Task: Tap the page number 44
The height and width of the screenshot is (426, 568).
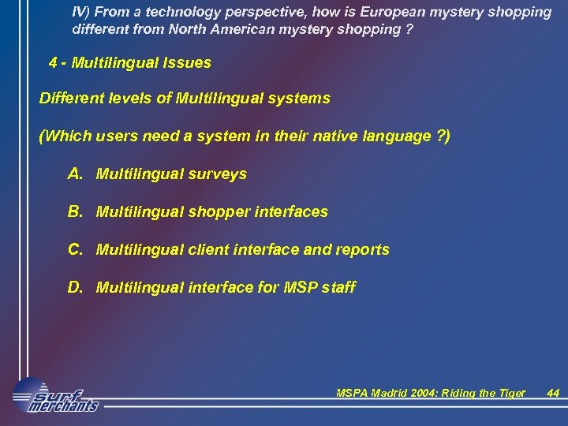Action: click(x=553, y=393)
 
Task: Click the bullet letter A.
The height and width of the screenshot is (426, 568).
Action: click(x=76, y=174)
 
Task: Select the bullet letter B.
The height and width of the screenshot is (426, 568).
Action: click(x=76, y=211)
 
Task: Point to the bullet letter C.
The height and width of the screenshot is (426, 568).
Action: click(x=76, y=249)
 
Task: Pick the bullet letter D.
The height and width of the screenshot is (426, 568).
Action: click(x=76, y=287)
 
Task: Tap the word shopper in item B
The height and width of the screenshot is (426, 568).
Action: click(x=219, y=212)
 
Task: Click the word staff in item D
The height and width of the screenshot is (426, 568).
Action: click(x=338, y=288)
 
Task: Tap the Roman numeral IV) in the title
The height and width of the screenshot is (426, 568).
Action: click(x=80, y=12)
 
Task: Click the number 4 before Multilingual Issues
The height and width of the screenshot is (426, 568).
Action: click(x=53, y=62)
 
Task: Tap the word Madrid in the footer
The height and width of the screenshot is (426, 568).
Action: click(x=394, y=393)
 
